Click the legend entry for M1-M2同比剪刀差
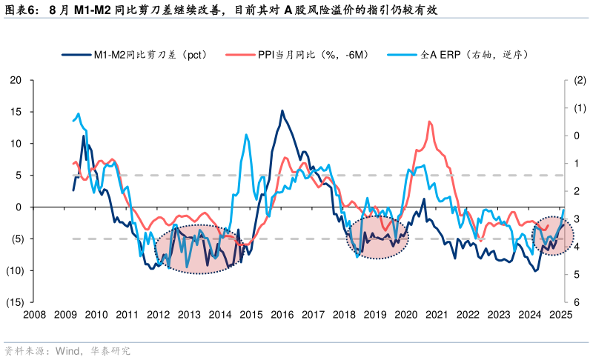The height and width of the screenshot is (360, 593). [133, 55]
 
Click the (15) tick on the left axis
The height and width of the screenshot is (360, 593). [15, 302]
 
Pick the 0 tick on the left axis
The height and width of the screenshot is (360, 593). [19, 207]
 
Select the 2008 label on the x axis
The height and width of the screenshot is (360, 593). [34, 315]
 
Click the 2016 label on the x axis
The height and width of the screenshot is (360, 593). [282, 315]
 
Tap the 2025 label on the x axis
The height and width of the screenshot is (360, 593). [560, 315]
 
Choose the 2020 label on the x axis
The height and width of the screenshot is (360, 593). [405, 315]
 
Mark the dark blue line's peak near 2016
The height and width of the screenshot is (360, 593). [282, 111]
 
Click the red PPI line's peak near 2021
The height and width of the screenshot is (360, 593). [430, 121]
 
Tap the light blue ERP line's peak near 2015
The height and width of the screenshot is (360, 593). [246, 134]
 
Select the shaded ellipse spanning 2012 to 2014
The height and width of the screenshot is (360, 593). [199, 250]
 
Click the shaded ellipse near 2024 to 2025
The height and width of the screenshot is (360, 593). [553, 236]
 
